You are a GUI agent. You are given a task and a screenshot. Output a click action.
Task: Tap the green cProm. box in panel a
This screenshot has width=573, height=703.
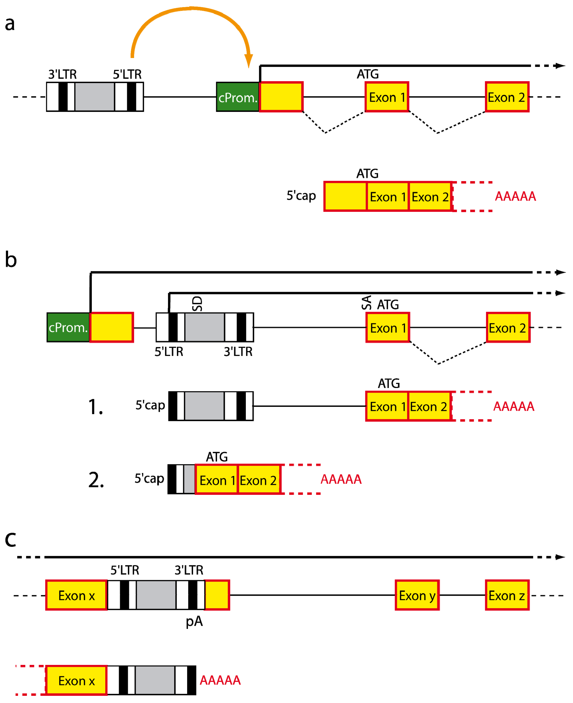[238, 97]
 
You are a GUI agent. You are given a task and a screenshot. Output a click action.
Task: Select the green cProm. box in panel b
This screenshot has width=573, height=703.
[68, 327]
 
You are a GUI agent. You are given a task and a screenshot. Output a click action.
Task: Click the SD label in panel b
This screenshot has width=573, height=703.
[197, 304]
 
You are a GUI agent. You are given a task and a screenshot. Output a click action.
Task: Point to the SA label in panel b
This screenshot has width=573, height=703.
[366, 302]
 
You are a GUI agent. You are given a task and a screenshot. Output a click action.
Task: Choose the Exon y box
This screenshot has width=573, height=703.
[417, 595]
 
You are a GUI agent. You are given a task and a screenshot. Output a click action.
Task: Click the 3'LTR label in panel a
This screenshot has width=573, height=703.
[62, 74]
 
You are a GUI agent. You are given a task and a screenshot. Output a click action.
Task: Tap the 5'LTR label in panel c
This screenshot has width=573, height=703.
[125, 570]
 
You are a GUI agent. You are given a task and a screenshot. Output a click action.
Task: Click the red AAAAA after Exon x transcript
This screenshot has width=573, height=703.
[220, 680]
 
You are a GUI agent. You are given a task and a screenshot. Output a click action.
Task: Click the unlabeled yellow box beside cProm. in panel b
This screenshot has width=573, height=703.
[112, 327]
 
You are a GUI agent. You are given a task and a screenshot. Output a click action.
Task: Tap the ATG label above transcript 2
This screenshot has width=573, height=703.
[217, 457]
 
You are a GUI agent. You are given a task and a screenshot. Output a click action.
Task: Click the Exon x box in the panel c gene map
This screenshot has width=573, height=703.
[76, 595]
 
